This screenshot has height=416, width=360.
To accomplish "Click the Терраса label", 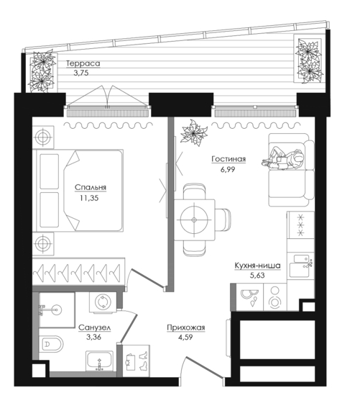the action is pos(83,63).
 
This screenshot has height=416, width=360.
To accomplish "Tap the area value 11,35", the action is pos(89,198).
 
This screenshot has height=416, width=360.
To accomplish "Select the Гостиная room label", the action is pos(229,159).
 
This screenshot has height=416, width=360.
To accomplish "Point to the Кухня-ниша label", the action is pos(257,266).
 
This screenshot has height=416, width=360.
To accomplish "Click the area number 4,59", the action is pos(185,338).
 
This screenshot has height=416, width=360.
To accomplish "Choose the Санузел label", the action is pos(95,328).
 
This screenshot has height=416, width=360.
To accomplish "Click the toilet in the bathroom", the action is pos(52,344).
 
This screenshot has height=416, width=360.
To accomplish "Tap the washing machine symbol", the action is pos(103,302).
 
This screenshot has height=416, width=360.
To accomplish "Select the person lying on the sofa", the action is pos(282,159).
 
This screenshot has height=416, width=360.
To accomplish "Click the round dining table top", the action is pos(194,220).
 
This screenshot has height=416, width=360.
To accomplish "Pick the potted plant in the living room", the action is pos(193,132).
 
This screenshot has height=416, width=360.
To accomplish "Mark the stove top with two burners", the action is pos(275,297).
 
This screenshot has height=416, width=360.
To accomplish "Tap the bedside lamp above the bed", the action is pos(42,137).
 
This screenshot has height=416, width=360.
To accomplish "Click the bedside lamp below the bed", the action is pos(43,243).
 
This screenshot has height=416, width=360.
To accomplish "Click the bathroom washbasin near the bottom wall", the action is pos(99,361).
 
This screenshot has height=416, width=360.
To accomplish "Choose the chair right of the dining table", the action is pos(223,220).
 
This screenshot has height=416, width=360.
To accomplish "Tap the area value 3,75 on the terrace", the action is pos(81,73).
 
